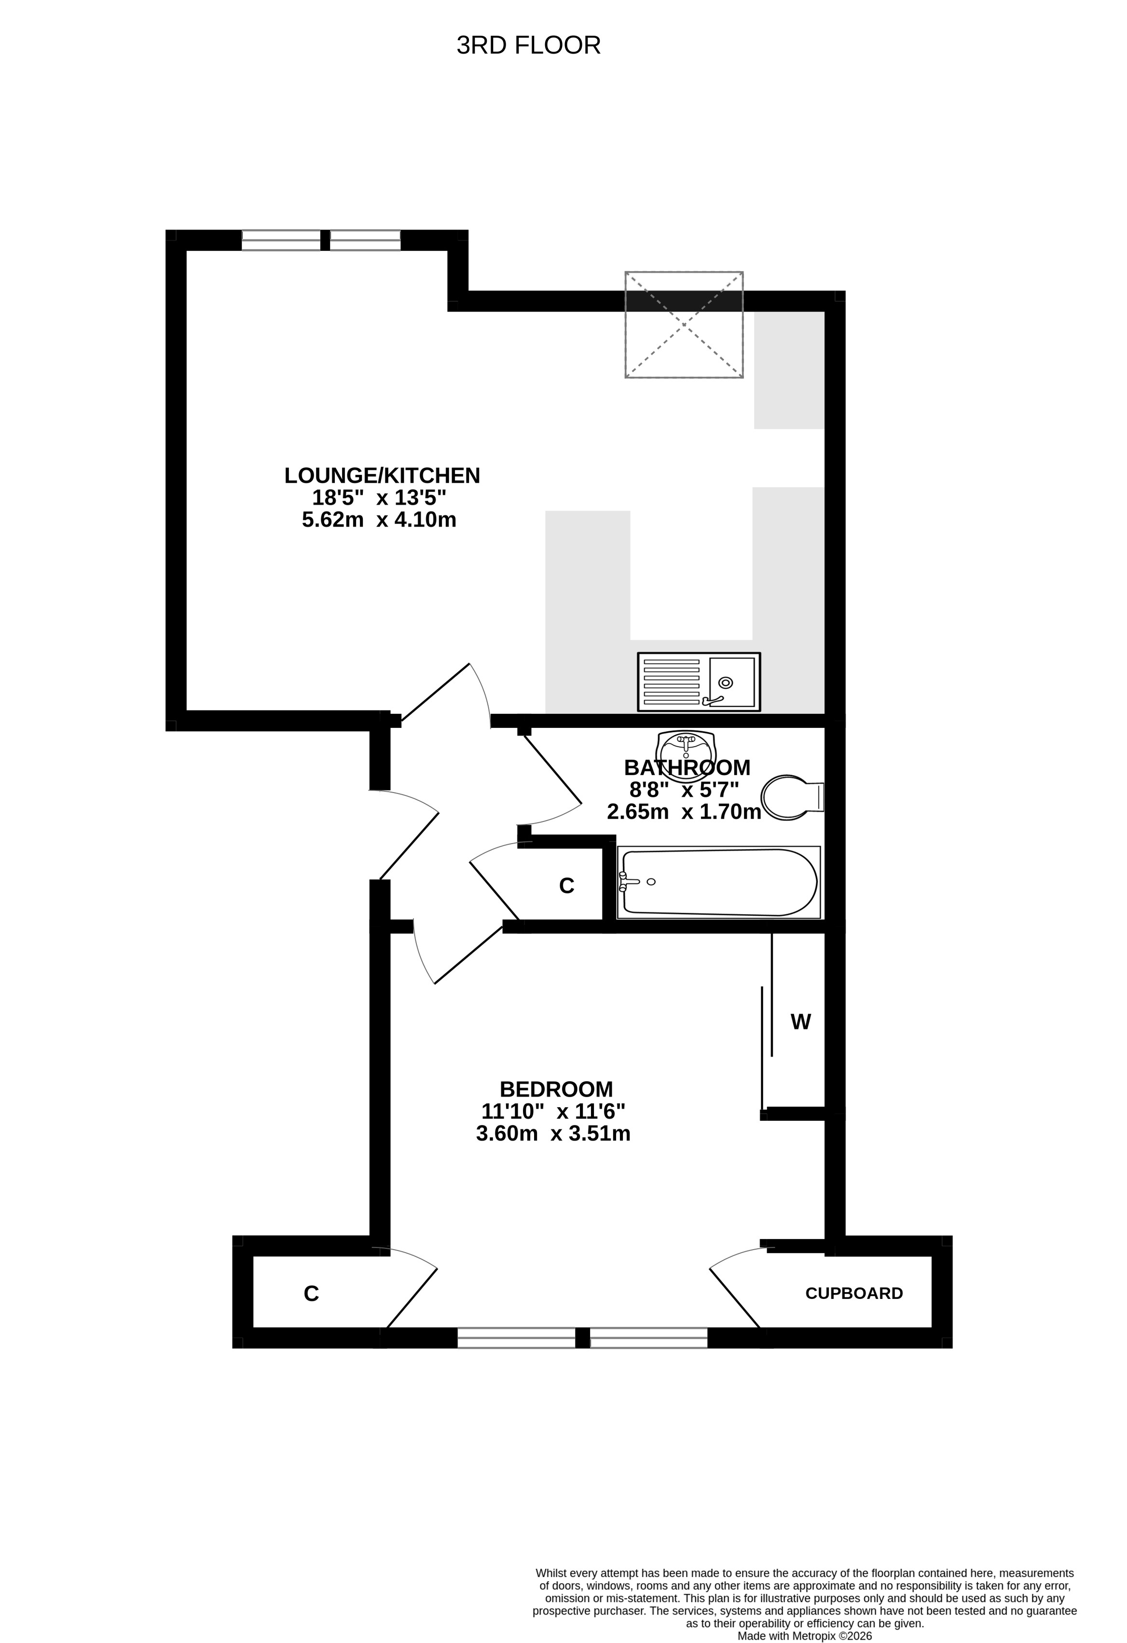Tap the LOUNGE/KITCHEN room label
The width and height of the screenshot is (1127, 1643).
coord(382,476)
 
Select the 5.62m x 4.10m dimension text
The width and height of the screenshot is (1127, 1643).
coord(379,520)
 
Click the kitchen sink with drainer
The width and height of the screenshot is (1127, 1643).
coord(699,682)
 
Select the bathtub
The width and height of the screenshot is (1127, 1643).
coord(718,882)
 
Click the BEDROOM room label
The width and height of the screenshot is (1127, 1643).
coord(556,1089)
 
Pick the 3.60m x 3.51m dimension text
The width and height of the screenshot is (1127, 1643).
coord(553,1133)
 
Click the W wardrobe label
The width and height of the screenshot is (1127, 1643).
coord(800,1022)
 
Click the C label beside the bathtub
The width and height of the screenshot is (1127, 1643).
coord(567,886)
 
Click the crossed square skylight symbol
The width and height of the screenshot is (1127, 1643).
coord(684,324)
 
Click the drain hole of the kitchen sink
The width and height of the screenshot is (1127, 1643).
coord(726,682)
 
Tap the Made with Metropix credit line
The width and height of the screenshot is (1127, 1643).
coord(805,1636)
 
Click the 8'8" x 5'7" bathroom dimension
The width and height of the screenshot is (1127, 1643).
coord(684,789)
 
